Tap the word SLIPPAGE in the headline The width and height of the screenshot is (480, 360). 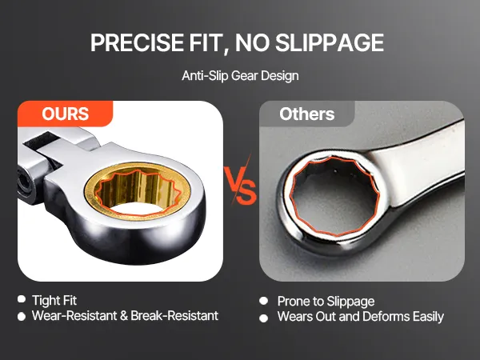click(330, 42)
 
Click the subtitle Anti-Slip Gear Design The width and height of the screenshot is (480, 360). click(240, 76)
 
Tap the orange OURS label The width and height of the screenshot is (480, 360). click(66, 114)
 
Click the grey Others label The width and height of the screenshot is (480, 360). click(306, 114)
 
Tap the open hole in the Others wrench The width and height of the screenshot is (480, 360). click(335, 197)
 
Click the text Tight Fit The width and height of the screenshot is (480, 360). click(54, 300)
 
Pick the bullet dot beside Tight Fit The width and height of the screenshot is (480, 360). click(22, 299)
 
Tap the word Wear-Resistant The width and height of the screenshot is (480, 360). click(74, 316)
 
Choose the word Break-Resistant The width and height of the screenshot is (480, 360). click(174, 316)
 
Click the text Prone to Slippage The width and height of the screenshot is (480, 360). click(326, 302)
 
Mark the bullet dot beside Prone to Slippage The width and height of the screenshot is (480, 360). click(263, 301)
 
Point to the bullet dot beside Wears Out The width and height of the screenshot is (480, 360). click(263, 318)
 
